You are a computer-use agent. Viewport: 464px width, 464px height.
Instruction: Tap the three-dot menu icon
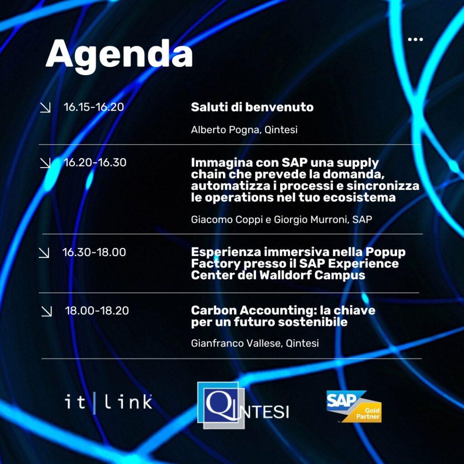click(415, 39)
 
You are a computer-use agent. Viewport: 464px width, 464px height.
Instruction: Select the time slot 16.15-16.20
click(93, 107)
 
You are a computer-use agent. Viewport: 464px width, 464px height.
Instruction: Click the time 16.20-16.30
click(95, 162)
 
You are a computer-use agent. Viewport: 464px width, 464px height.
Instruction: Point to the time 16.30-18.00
click(94, 252)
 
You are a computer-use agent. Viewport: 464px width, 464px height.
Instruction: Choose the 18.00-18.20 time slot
click(97, 310)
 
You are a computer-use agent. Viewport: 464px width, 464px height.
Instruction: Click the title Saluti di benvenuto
click(252, 107)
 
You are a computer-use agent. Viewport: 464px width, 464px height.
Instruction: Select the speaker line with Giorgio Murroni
click(281, 220)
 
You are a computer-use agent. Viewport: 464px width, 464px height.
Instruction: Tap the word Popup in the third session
click(385, 252)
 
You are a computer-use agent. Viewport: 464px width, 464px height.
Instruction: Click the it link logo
click(108, 402)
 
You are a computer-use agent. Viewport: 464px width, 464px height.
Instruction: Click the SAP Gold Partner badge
click(353, 406)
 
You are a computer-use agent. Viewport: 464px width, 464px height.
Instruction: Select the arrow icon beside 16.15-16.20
click(45, 107)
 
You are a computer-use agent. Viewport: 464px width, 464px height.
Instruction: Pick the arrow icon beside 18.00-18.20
click(47, 311)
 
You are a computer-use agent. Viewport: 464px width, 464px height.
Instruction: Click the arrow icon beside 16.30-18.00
click(44, 253)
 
